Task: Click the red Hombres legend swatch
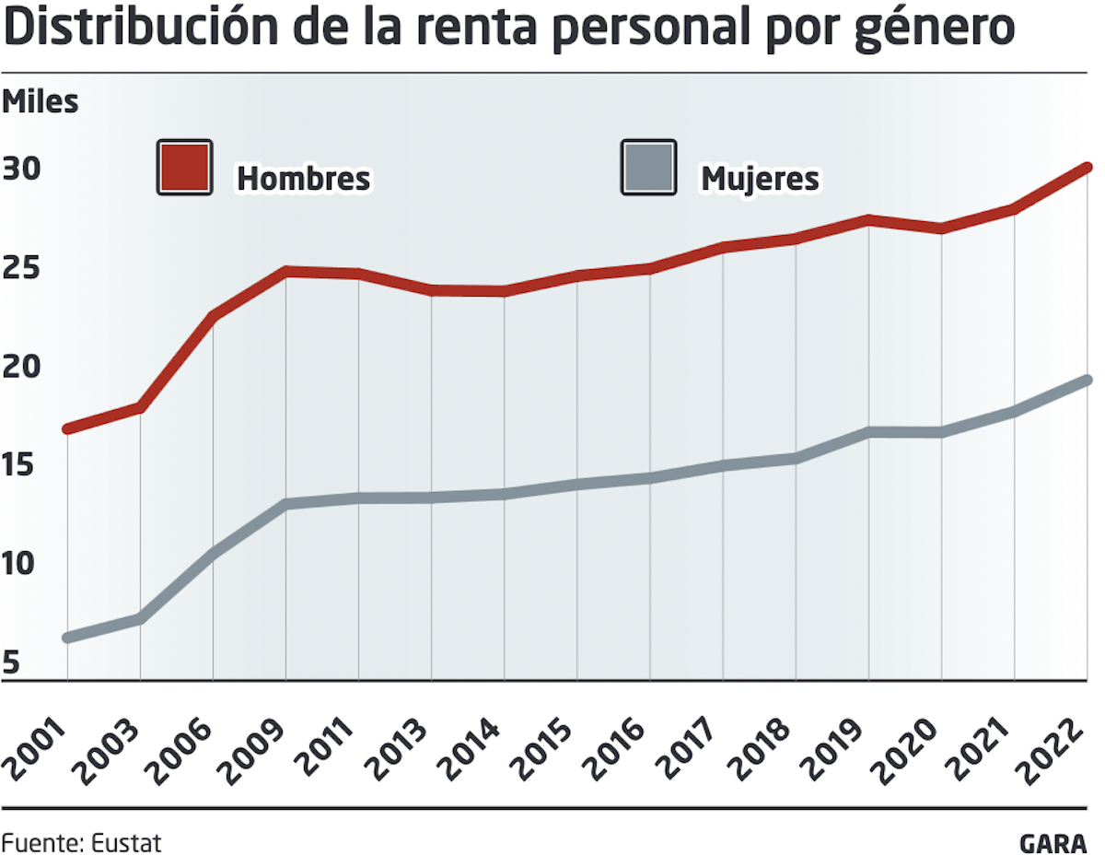(184, 167)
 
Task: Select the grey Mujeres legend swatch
(648, 167)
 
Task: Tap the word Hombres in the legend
(303, 178)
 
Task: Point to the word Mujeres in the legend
(760, 178)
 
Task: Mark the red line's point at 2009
(286, 271)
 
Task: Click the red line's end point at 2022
(1087, 168)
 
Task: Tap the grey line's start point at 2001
(67, 638)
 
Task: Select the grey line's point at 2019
(868, 431)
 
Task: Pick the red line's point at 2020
(941, 228)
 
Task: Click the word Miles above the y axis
(41, 102)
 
